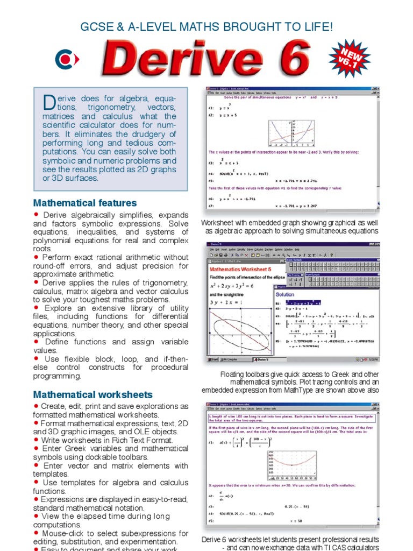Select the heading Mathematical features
[x=85, y=203]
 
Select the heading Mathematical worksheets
[x=93, y=394]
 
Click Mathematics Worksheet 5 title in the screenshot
[x=240, y=269]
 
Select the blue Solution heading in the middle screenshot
[x=284, y=294]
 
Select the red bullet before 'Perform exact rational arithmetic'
[x=36, y=257]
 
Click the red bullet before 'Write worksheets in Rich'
[x=36, y=440]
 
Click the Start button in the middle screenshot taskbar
[x=215, y=359]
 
